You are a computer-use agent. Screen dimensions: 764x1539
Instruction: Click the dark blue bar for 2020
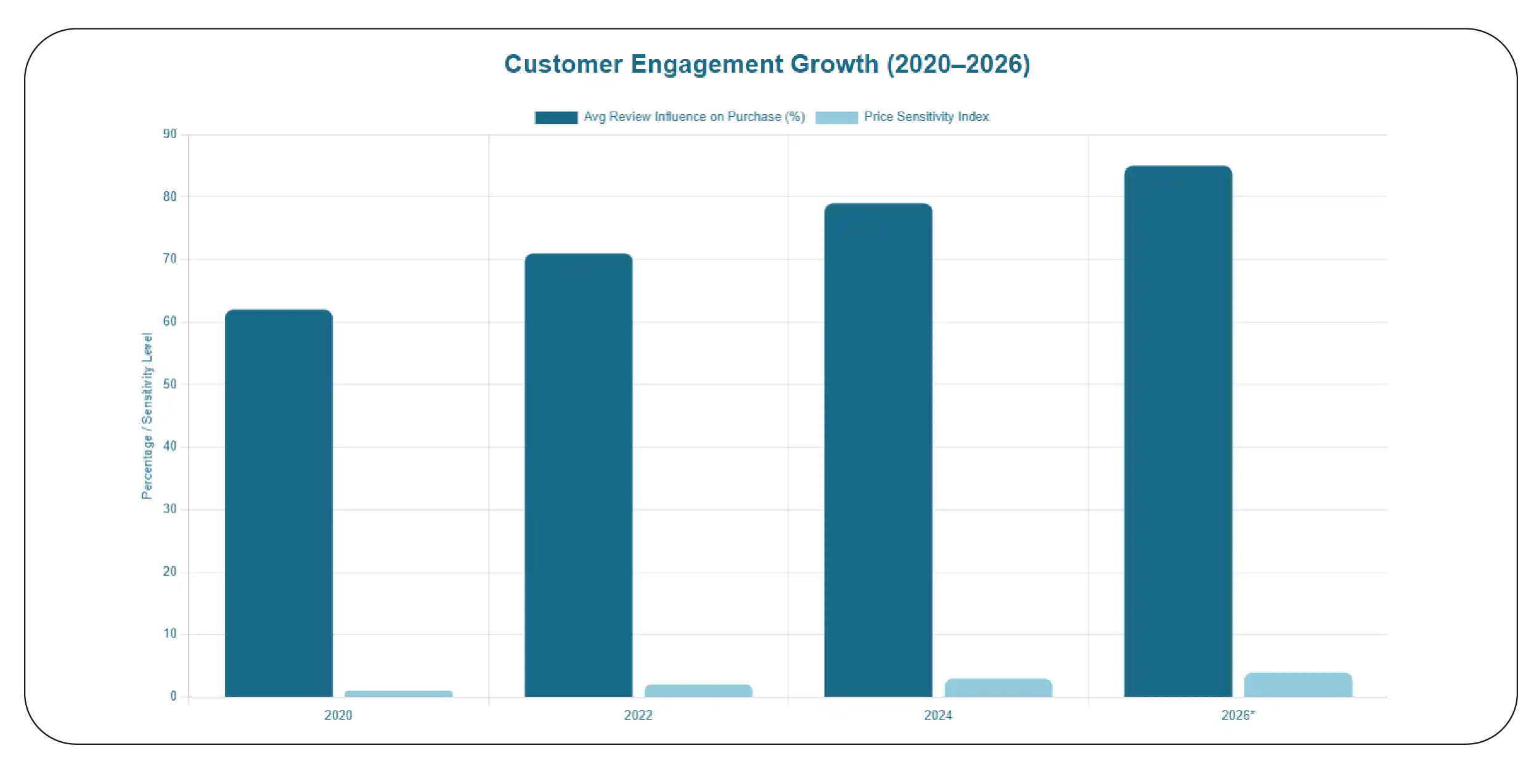[279, 503]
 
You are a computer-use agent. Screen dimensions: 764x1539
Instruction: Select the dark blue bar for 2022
[578, 475]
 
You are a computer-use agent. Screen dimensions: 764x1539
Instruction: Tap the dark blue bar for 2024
[878, 450]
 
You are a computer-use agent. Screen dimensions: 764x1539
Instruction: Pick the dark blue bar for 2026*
[1178, 431]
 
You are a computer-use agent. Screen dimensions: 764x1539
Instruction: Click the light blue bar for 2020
[398, 694]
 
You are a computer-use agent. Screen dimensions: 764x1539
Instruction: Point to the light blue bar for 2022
[698, 691]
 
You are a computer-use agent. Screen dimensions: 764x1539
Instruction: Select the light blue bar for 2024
[998, 688]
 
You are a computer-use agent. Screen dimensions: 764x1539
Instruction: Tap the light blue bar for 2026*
[1298, 685]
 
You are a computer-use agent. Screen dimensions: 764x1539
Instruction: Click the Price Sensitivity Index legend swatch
[836, 117]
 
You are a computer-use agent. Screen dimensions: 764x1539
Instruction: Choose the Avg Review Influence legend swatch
[556, 117]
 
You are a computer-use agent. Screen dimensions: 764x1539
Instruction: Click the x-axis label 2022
[638, 715]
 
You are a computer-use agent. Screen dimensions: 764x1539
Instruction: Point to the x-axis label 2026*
[1238, 715]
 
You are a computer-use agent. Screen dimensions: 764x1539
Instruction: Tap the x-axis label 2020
[338, 715]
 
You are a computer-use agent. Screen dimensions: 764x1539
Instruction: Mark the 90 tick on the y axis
[169, 134]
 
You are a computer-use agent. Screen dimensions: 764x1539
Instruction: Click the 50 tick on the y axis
[169, 384]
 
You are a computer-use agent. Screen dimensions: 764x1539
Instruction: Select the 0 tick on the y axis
[173, 696]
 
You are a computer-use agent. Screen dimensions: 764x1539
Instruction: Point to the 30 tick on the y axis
[169, 509]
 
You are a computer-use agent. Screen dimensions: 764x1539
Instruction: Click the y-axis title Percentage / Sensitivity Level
[147, 416]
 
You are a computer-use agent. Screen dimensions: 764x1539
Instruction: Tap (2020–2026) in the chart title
[958, 64]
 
